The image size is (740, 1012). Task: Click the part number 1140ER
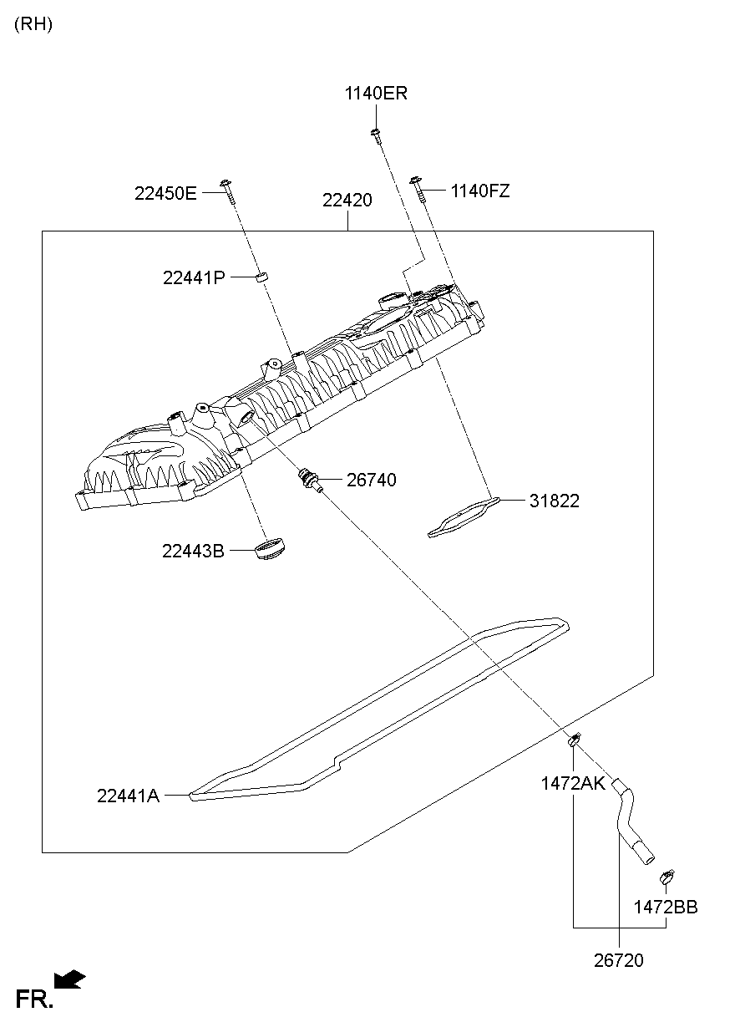[x=376, y=94]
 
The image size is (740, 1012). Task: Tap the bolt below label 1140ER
[x=377, y=135]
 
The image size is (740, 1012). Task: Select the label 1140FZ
[x=479, y=191]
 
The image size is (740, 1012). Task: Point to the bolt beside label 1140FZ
[x=417, y=191]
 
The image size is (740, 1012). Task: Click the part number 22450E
[x=165, y=194]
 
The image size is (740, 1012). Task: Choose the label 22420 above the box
[x=347, y=201]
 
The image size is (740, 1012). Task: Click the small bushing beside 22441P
[x=261, y=276]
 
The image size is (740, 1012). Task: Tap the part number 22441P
[x=194, y=277]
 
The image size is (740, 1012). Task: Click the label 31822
[x=554, y=501]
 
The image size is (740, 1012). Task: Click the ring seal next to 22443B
[x=270, y=552]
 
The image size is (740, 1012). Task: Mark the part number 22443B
[x=193, y=551]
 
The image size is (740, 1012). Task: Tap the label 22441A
[x=128, y=796]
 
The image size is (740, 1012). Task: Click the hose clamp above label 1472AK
[x=575, y=739]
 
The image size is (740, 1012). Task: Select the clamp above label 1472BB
[x=667, y=877]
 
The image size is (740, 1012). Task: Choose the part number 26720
[x=619, y=961]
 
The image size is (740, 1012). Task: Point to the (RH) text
[x=33, y=24]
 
